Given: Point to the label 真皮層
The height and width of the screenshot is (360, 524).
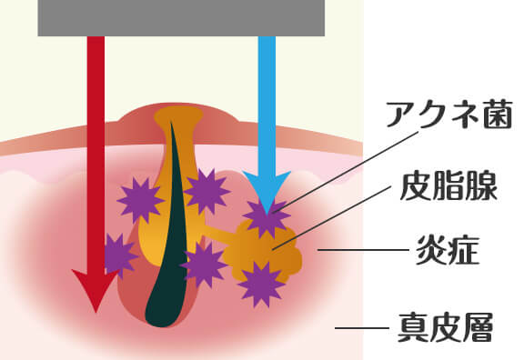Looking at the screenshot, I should tap(444, 325).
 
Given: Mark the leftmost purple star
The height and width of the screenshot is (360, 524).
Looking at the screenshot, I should tap(116, 255).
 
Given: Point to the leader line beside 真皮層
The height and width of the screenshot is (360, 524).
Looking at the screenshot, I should tap(359, 327).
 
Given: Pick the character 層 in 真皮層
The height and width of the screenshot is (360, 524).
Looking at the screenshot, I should tap(476, 325).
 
